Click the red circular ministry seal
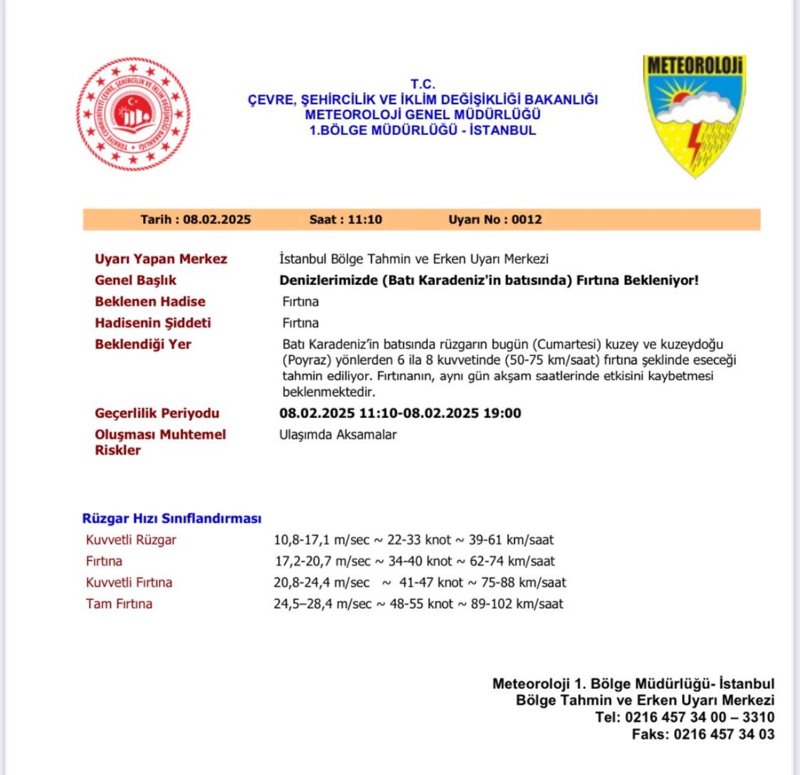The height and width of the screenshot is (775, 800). pos(133,114)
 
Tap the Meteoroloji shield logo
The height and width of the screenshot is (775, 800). pos(694,115)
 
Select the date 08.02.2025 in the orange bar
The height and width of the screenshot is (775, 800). pos(217,220)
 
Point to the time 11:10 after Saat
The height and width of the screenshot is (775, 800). pos(367,220)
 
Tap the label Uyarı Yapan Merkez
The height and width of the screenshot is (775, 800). pos(161,259)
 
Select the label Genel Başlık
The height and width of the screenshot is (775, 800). pos(135,280)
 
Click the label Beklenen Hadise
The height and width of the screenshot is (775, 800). pos(150,302)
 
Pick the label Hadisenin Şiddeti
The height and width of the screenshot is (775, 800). pos(152,323)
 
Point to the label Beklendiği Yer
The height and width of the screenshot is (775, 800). pos(143,344)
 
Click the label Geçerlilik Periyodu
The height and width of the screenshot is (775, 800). pos(157,413)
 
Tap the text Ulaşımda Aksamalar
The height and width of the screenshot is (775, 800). pos(337,434)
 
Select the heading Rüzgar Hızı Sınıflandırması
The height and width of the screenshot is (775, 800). pos(172,519)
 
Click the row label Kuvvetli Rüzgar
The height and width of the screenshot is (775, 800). pos(131,540)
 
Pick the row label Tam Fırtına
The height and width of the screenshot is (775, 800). pos(120,604)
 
